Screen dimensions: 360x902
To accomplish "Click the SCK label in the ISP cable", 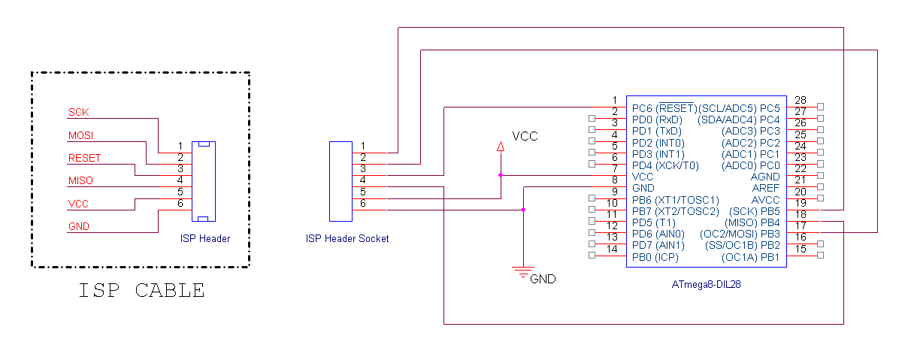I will [x=78, y=112].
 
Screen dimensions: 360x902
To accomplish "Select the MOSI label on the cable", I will [x=82, y=135].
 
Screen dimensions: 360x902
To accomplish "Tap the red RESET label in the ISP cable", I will [x=84, y=158].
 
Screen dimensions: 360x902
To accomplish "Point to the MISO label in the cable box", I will [x=81, y=180].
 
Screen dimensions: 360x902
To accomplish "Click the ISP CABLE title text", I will [x=141, y=290].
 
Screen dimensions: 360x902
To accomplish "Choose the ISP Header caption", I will [x=204, y=239].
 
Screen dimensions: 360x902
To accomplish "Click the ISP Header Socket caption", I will [x=347, y=239].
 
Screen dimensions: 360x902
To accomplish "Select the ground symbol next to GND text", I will [x=523, y=272].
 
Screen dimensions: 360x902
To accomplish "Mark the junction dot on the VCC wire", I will [x=500, y=175].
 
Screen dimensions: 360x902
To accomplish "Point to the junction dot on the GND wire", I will [x=523, y=210].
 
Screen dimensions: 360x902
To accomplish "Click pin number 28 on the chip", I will [x=800, y=100].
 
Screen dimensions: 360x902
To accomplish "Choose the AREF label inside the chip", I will [x=766, y=188].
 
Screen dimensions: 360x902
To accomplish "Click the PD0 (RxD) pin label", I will [x=657, y=119].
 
